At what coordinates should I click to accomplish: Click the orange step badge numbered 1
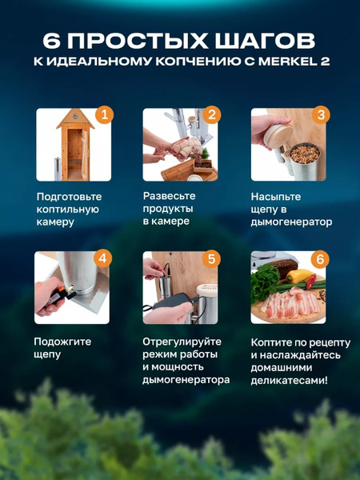click(x=103, y=115)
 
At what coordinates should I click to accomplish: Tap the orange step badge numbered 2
click(x=211, y=115)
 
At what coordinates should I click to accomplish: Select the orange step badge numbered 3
click(x=320, y=115)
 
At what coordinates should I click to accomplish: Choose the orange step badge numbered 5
click(x=211, y=258)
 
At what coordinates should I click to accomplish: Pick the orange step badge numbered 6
click(x=320, y=258)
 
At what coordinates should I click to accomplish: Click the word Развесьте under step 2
click(x=170, y=195)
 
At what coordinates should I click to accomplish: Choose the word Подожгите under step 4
click(x=62, y=342)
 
